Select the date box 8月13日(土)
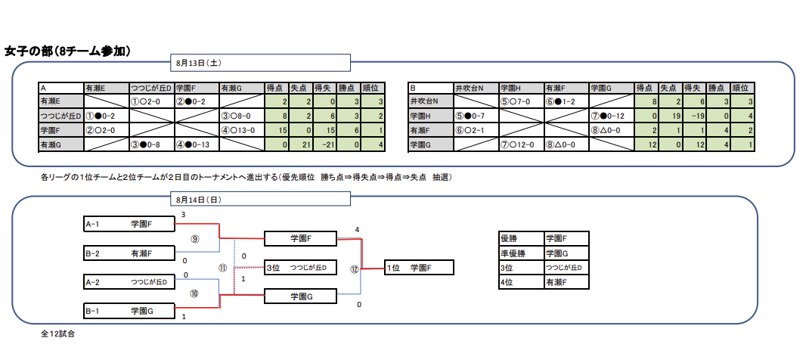click(261, 63)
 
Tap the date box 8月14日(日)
click(261, 199)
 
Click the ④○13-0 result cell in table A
click(241, 132)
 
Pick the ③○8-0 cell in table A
click(241, 116)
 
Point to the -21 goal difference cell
click(326, 145)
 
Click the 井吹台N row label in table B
click(430, 101)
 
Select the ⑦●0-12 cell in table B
click(612, 116)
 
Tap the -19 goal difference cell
click(695, 116)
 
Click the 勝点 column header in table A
click(349, 88)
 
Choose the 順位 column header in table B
click(743, 88)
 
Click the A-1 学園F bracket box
click(129, 224)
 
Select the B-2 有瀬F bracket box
click(129, 253)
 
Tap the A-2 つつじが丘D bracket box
click(129, 282)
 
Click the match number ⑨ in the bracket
click(194, 238)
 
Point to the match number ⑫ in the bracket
click(354, 268)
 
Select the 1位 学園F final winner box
click(419, 268)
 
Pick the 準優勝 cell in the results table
click(521, 253)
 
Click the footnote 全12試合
click(58, 334)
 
